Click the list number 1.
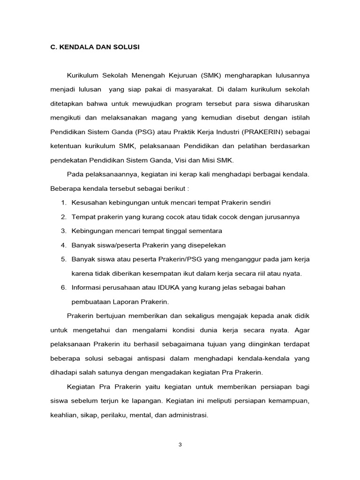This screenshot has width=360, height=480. [x=63, y=202]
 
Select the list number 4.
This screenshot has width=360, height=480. [x=63, y=245]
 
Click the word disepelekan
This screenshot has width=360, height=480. [x=207, y=245]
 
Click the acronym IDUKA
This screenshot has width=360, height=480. [x=153, y=287]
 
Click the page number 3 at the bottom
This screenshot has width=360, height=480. [x=180, y=445]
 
